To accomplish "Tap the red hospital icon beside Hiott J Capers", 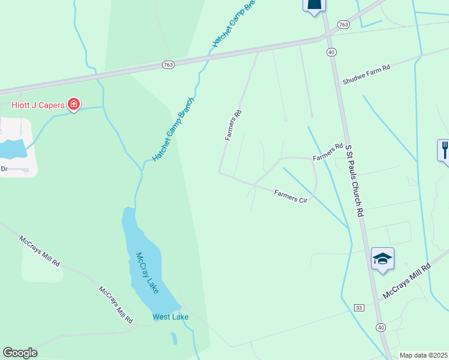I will (x=74, y=106).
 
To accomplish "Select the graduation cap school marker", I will (x=382, y=259).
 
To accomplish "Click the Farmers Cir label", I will (x=291, y=196).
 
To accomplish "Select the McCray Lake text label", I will (x=147, y=272).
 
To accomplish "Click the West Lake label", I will (x=170, y=317).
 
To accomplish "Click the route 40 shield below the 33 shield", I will (x=381, y=327).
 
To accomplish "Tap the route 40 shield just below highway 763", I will (x=331, y=52).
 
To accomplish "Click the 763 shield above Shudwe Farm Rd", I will (x=343, y=25).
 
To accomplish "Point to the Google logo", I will (x=20, y=353).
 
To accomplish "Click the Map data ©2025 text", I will (x=423, y=355).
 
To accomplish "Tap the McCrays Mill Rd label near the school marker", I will (x=407, y=281).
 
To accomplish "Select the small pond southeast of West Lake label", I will (x=173, y=338).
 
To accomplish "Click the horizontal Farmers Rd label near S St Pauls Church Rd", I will (x=328, y=152).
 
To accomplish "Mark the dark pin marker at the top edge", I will (x=314, y=5).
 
